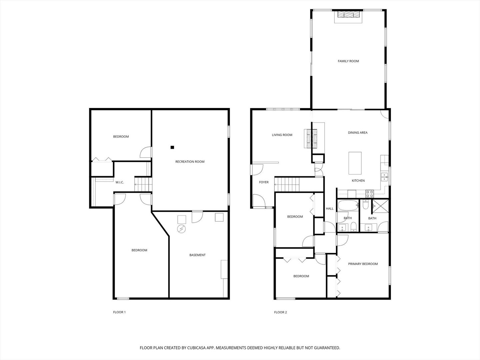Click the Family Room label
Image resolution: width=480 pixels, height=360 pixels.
[348, 61]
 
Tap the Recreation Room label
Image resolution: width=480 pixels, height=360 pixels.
[190, 162]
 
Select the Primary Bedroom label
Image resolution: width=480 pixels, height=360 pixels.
[363, 264]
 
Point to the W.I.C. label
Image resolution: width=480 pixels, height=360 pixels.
[120, 182]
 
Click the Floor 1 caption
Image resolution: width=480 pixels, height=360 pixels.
[119, 312]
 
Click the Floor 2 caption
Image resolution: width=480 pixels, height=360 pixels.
[280, 312]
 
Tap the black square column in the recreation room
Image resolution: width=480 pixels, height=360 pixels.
[172, 147]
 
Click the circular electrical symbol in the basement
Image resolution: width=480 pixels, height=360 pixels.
[181, 229]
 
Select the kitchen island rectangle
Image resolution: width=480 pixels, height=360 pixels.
[355, 163]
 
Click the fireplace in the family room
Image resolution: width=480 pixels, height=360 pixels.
[348, 15]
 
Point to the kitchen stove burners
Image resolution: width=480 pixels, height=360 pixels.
[370, 194]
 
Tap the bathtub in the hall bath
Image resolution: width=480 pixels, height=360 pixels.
[348, 205]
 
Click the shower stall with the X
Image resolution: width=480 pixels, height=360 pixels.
[381, 206]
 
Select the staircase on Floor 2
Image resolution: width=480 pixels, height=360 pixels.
[287, 185]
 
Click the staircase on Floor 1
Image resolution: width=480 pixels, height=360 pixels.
[143, 185]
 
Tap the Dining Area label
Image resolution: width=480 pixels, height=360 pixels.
[358, 133]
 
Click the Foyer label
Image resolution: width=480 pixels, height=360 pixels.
[264, 182]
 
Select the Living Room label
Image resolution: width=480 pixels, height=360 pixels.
[282, 135]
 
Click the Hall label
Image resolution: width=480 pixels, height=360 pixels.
[330, 209]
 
